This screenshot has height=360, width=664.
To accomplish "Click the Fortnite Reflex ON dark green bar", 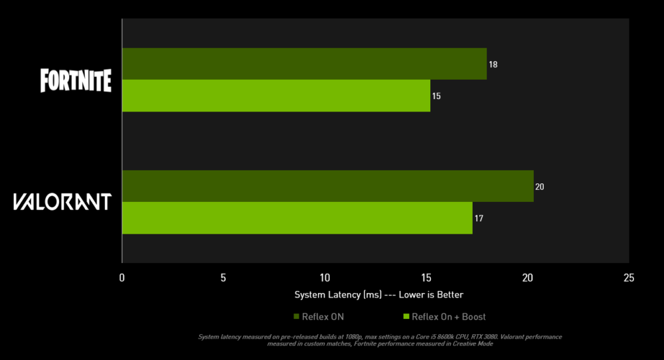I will tap(304, 64).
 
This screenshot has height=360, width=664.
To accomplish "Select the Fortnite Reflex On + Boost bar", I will tap(276, 96).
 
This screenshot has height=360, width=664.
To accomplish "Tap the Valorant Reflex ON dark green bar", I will tap(327, 186).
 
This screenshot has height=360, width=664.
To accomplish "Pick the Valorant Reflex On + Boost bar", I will tap(297, 218).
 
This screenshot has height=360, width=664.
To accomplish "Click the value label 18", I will tap(493, 64).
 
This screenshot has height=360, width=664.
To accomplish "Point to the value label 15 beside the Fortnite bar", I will tap(436, 96).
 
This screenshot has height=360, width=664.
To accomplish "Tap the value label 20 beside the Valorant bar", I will tap(540, 187).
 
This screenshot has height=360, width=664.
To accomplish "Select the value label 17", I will tap(478, 219).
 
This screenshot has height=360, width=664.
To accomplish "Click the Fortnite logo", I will tap(75, 80).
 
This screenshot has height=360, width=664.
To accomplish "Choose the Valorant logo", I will tap(62, 202).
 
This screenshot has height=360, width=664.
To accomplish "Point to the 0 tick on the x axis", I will tap(122, 278).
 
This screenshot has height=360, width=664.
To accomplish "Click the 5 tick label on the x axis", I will tap(223, 278).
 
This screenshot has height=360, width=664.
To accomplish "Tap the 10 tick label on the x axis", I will tap(325, 278).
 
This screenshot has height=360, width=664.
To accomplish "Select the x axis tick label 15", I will tap(426, 278).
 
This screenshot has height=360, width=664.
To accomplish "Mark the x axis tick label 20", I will tap(528, 278).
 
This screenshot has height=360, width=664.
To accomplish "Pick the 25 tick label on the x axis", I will tap(629, 278).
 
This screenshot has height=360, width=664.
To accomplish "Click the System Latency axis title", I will tap(378, 294).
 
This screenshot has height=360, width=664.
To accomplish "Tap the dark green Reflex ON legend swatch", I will tap(296, 317).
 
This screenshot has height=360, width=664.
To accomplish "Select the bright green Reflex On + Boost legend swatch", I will tap(406, 317).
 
